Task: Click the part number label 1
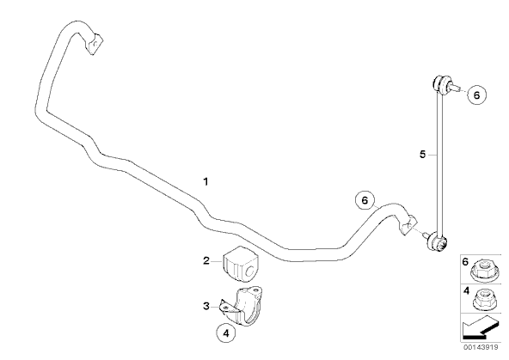point(205,181)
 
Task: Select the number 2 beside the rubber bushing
point(206,260)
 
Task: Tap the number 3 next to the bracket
point(206,306)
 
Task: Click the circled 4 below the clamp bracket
point(226,333)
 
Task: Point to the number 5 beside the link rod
point(422,155)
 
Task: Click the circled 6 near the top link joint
point(476,95)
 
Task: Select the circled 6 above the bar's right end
point(365,200)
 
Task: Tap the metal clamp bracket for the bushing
point(242,306)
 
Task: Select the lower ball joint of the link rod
point(438,243)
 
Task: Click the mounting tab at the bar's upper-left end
point(95,44)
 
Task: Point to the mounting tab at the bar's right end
point(408,224)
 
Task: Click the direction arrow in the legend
point(479,327)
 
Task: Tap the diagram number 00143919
point(481,347)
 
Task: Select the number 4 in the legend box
point(466,291)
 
